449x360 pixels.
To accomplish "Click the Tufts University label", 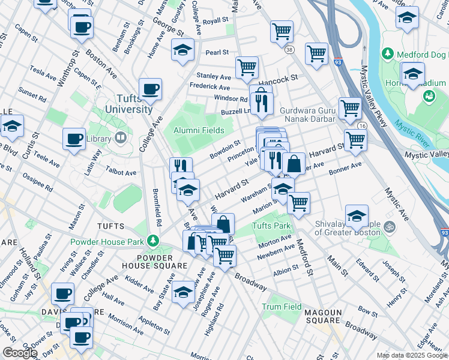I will click(x=128, y=104).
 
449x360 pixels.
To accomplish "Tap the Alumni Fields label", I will click(x=199, y=130).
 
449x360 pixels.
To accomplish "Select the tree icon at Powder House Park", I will click(x=154, y=241).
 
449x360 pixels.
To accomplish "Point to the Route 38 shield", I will click(x=291, y=49).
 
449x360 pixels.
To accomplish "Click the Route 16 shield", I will click(x=362, y=126).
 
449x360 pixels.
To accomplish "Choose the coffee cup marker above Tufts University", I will click(x=151, y=90).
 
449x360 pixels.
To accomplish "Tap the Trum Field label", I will click(x=282, y=307).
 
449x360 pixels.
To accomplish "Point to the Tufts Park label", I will click(x=271, y=226).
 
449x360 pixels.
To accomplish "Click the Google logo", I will click(x=20, y=353).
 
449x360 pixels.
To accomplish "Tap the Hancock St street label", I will click(x=278, y=79).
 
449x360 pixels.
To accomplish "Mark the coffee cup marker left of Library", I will click(x=74, y=139).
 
